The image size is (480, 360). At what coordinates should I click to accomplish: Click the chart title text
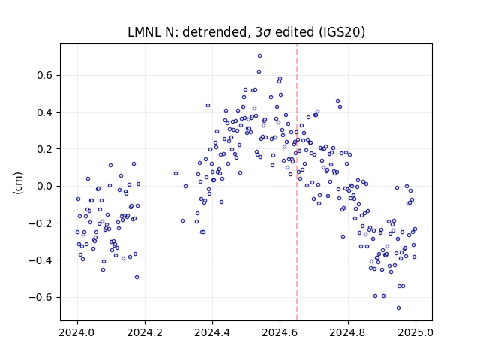[247, 32]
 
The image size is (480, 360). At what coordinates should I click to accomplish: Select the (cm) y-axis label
[18, 183]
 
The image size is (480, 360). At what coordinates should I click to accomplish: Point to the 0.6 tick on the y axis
[45, 75]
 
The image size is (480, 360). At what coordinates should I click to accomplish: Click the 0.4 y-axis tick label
[45, 112]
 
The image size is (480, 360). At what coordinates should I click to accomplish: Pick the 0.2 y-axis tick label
[45, 149]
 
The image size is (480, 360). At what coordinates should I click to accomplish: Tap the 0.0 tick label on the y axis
[45, 186]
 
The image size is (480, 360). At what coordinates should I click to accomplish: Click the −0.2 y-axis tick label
[41, 223]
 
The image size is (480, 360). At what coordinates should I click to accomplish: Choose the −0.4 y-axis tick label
[41, 260]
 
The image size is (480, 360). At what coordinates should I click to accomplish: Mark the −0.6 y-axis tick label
[41, 297]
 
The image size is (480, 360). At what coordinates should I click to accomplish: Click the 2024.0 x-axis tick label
[77, 332]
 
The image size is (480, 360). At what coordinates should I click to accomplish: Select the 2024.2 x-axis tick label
[145, 332]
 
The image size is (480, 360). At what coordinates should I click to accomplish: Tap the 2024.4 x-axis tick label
[212, 332]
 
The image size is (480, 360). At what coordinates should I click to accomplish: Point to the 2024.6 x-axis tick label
[280, 332]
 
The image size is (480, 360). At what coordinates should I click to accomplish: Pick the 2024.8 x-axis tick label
[348, 332]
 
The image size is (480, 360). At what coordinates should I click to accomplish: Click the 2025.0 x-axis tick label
[415, 332]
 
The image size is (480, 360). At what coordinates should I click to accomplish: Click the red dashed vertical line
[297, 182]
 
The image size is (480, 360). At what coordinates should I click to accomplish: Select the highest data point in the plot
[260, 56]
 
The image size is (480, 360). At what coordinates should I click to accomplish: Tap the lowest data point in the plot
[398, 308]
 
